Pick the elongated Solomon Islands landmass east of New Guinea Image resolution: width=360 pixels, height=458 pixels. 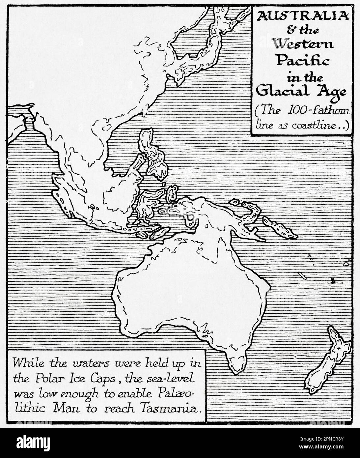click(280, 227)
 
